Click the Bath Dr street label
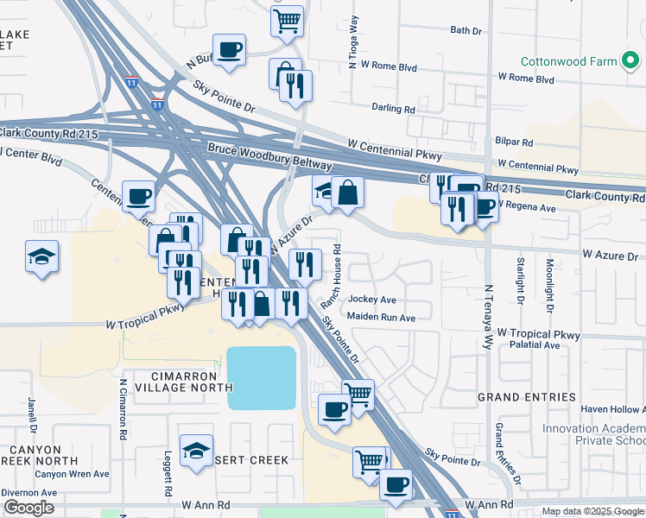(465, 30)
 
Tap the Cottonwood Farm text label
(568, 61)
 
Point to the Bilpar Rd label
(514, 142)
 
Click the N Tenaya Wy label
(488, 310)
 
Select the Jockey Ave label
(371, 300)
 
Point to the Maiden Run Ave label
(381, 318)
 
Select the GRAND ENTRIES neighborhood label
(526, 397)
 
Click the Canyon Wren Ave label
(72, 474)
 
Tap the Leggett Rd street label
(165, 473)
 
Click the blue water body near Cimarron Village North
(261, 378)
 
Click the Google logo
(28, 508)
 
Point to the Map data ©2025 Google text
(592, 511)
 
